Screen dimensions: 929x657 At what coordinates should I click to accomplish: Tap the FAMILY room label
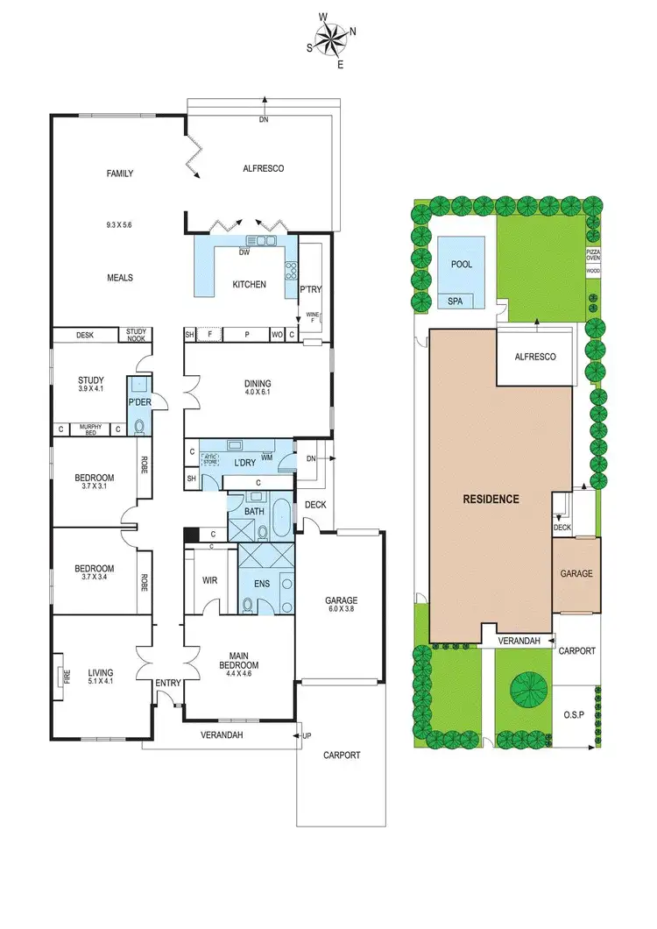[x=120, y=174]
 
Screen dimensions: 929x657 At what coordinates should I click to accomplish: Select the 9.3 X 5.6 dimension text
[x=120, y=225]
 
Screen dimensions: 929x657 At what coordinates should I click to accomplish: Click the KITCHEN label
[x=249, y=284]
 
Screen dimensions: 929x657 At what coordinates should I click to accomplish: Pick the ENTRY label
[x=167, y=683]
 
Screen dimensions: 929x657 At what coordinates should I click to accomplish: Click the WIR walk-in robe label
[x=209, y=580]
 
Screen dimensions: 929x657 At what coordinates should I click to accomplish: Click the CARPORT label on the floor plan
[x=341, y=755]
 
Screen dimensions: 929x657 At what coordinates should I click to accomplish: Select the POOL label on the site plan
[x=461, y=264]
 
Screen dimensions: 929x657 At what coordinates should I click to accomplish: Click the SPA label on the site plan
[x=456, y=301]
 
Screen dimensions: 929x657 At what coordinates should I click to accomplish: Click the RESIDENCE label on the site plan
[x=491, y=499]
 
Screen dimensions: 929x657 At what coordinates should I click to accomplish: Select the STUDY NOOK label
[x=138, y=334]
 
